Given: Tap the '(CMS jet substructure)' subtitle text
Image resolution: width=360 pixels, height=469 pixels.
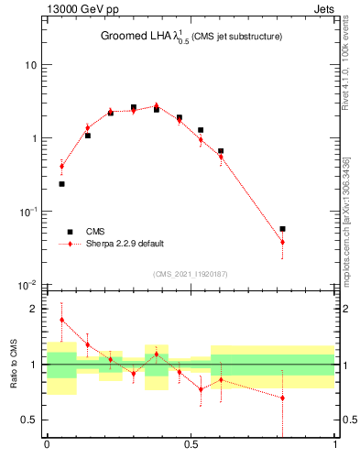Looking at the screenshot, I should [236, 37].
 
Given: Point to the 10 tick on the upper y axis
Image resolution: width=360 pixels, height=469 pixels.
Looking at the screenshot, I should [31, 66].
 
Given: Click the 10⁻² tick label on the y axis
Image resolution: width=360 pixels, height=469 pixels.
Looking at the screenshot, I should [28, 285].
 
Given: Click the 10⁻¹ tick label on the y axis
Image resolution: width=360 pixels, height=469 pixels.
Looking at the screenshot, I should [28, 212].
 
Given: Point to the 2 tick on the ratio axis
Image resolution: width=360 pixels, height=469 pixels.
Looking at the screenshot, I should [35, 309].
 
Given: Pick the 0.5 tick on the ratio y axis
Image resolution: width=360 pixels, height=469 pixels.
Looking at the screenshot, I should [31, 420].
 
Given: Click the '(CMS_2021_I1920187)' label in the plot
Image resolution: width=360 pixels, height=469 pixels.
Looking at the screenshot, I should [191, 273].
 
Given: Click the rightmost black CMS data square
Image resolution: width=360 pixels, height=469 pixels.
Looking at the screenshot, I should [282, 229].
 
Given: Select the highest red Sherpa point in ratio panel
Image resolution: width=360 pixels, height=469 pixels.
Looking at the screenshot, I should [61, 320].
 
